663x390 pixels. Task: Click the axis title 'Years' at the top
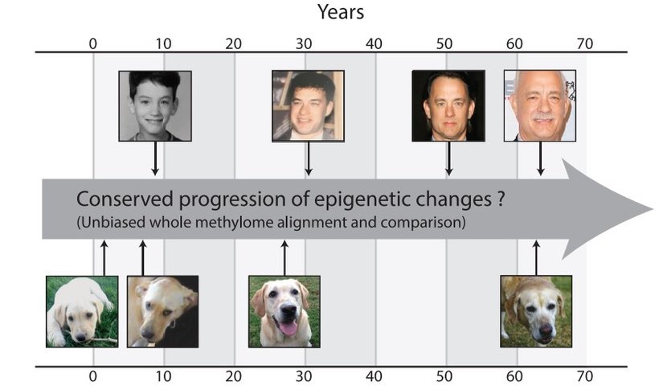[340, 12]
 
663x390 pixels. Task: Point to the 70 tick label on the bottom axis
[584, 375]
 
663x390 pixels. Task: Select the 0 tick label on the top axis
[93, 44]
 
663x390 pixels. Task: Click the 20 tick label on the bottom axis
[234, 375]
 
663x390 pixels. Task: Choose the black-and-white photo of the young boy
[155, 106]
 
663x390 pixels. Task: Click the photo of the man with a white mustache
[539, 106]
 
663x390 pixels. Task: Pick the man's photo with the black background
[448, 106]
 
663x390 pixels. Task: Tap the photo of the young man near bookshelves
[308, 106]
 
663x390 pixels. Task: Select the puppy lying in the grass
[82, 311]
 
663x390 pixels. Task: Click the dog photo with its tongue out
[284, 311]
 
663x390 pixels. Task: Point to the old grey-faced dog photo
[536, 311]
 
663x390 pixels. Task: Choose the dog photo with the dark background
[162, 311]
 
